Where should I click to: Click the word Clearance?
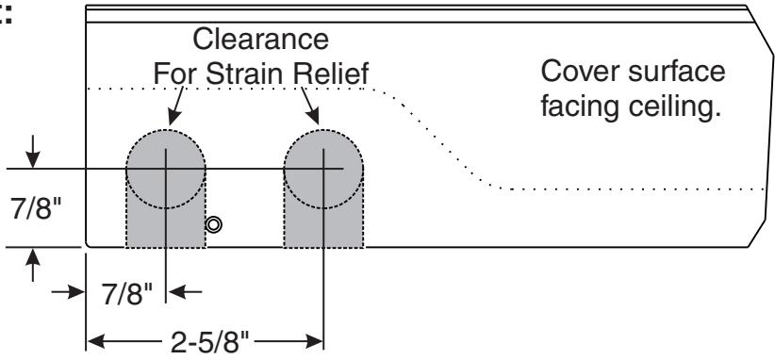[x=260, y=39]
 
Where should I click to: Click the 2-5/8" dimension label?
[x=210, y=342]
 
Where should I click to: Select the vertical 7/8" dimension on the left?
[x=35, y=209]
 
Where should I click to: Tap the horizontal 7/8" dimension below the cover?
[x=127, y=294]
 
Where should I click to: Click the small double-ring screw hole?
[x=213, y=225]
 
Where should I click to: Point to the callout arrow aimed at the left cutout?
[x=176, y=106]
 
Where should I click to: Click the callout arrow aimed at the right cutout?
[x=310, y=106]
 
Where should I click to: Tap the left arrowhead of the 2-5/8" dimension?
[x=96, y=341]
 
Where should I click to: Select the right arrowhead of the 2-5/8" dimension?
[x=314, y=341]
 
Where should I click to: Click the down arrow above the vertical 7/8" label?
[x=33, y=152]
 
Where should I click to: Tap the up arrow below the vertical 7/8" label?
[x=33, y=265]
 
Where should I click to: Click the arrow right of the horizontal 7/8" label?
[x=185, y=292]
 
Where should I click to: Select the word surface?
[x=677, y=72]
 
